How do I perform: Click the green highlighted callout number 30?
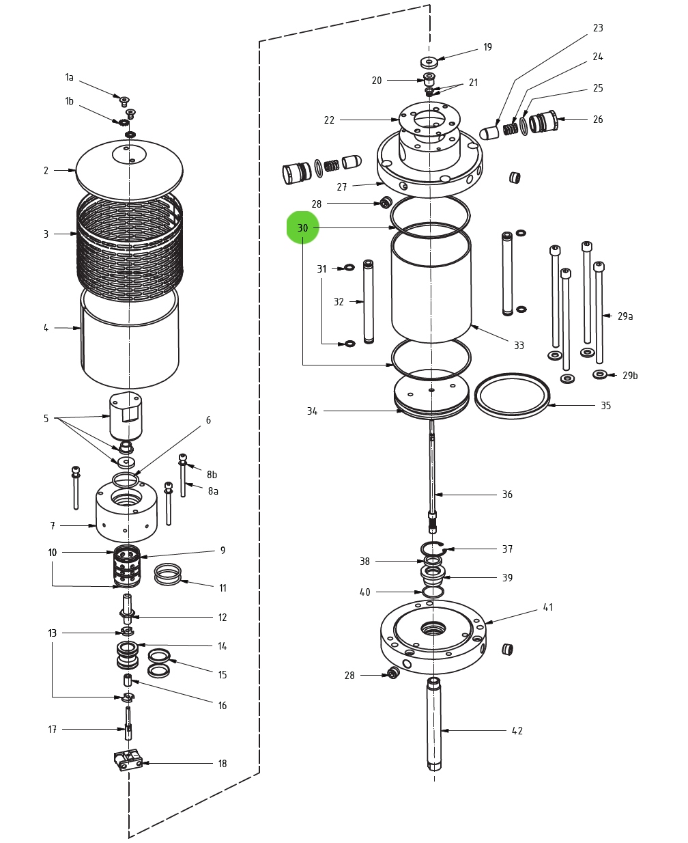[x=302, y=227]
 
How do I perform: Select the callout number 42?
[x=517, y=731]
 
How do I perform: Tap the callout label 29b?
[x=630, y=376]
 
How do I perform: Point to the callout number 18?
[x=223, y=764]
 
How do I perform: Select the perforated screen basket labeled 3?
[x=130, y=246]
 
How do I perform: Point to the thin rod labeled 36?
[x=432, y=471]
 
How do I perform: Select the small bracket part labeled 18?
[x=128, y=760]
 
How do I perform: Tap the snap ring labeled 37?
[x=433, y=548]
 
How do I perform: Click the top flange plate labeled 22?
[x=429, y=123]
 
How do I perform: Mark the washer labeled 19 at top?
[x=429, y=62]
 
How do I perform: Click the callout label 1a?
[x=69, y=77]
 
